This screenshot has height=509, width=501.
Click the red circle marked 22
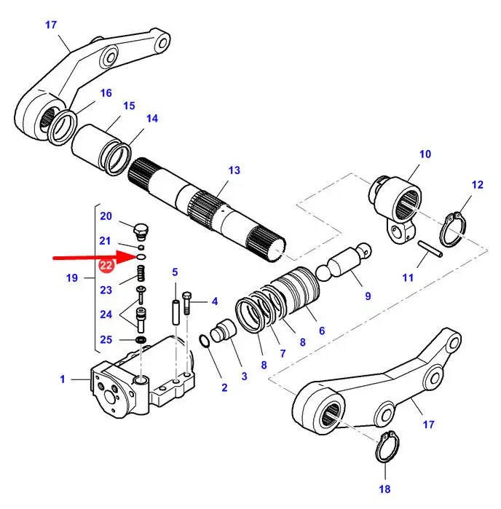106,267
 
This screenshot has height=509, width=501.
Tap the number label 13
233,170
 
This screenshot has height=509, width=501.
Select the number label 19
72,277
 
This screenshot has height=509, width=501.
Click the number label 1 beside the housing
63,379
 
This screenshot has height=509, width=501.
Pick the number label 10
425,154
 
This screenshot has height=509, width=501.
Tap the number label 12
477,185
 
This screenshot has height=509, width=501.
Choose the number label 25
106,339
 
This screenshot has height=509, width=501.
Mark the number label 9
368,296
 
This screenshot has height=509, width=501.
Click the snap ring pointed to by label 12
454,227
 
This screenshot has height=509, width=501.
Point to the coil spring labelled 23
142,275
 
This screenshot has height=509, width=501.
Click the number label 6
321,330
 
